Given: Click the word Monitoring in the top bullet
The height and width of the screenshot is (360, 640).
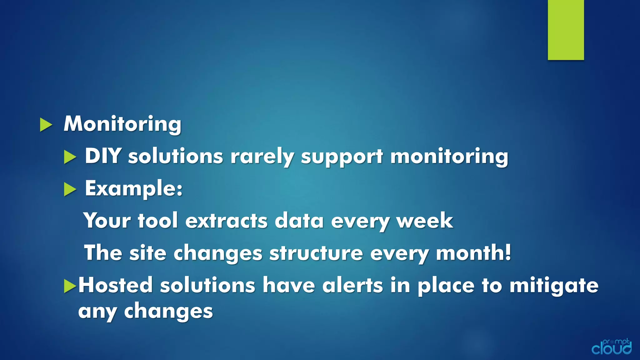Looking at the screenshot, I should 122,124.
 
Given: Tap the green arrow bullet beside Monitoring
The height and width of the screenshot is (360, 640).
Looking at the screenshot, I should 46,125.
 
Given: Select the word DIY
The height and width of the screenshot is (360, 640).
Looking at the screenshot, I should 103,156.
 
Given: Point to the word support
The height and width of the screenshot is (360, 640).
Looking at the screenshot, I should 342,157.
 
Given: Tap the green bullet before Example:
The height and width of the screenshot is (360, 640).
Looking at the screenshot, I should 70,189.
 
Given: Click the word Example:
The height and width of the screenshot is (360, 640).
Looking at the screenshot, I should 133,189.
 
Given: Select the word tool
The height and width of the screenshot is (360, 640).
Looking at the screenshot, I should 158,221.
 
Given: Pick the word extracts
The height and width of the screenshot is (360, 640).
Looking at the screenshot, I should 226,221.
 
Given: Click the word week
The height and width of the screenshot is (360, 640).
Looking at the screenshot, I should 425,221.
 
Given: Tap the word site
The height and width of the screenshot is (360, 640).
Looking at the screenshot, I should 147,253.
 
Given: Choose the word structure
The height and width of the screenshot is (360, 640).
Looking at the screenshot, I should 316,253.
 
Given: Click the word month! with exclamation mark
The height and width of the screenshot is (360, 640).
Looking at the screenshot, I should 473,253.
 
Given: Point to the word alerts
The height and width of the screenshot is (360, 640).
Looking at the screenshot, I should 352,285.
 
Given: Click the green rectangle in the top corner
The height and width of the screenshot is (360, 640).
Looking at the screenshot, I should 566,30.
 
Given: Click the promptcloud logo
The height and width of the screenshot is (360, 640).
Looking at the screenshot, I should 611,347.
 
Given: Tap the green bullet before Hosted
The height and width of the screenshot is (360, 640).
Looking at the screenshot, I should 70,286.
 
